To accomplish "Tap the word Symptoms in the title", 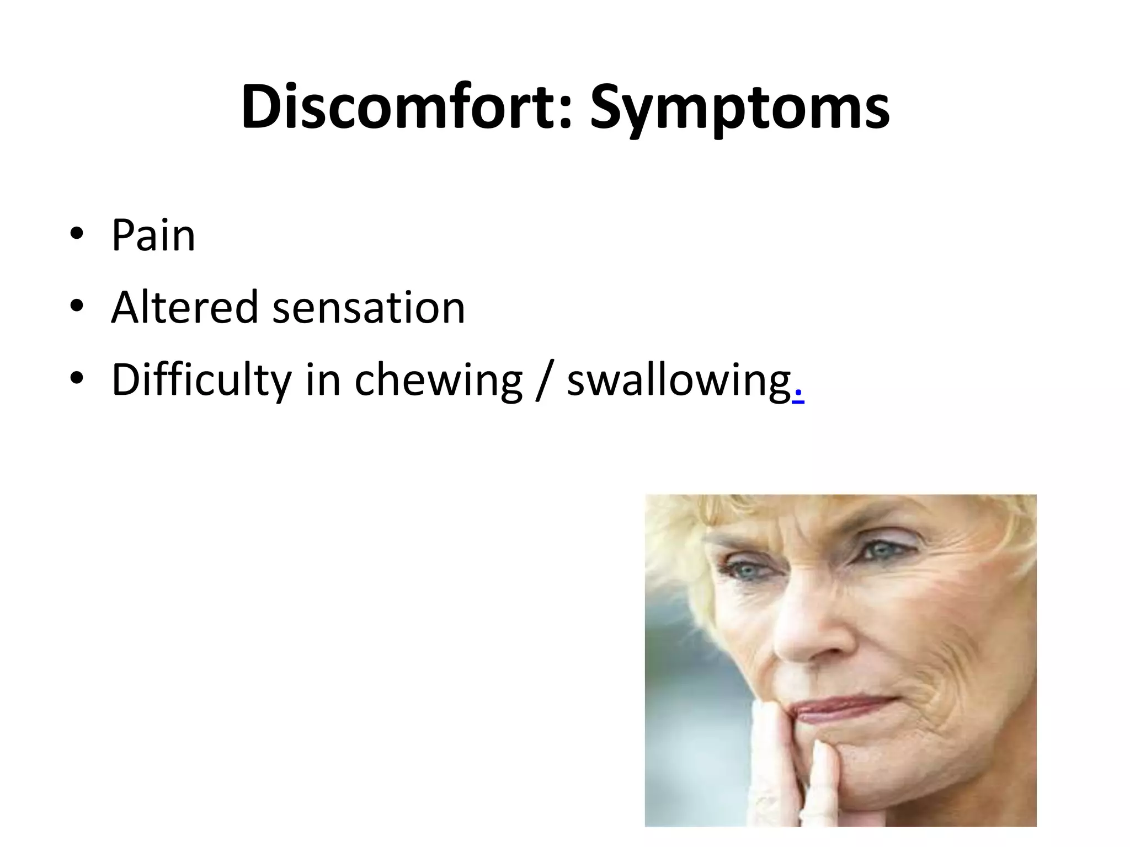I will point(739,108).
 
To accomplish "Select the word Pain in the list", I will point(153,235).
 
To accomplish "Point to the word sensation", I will point(369,308).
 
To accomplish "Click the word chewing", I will point(438,381).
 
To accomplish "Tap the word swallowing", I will point(679,381).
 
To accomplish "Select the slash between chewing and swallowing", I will point(544,380).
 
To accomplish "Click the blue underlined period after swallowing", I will point(798,398).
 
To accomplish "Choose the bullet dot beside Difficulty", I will point(77,378).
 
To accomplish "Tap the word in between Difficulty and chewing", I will point(322,380).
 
